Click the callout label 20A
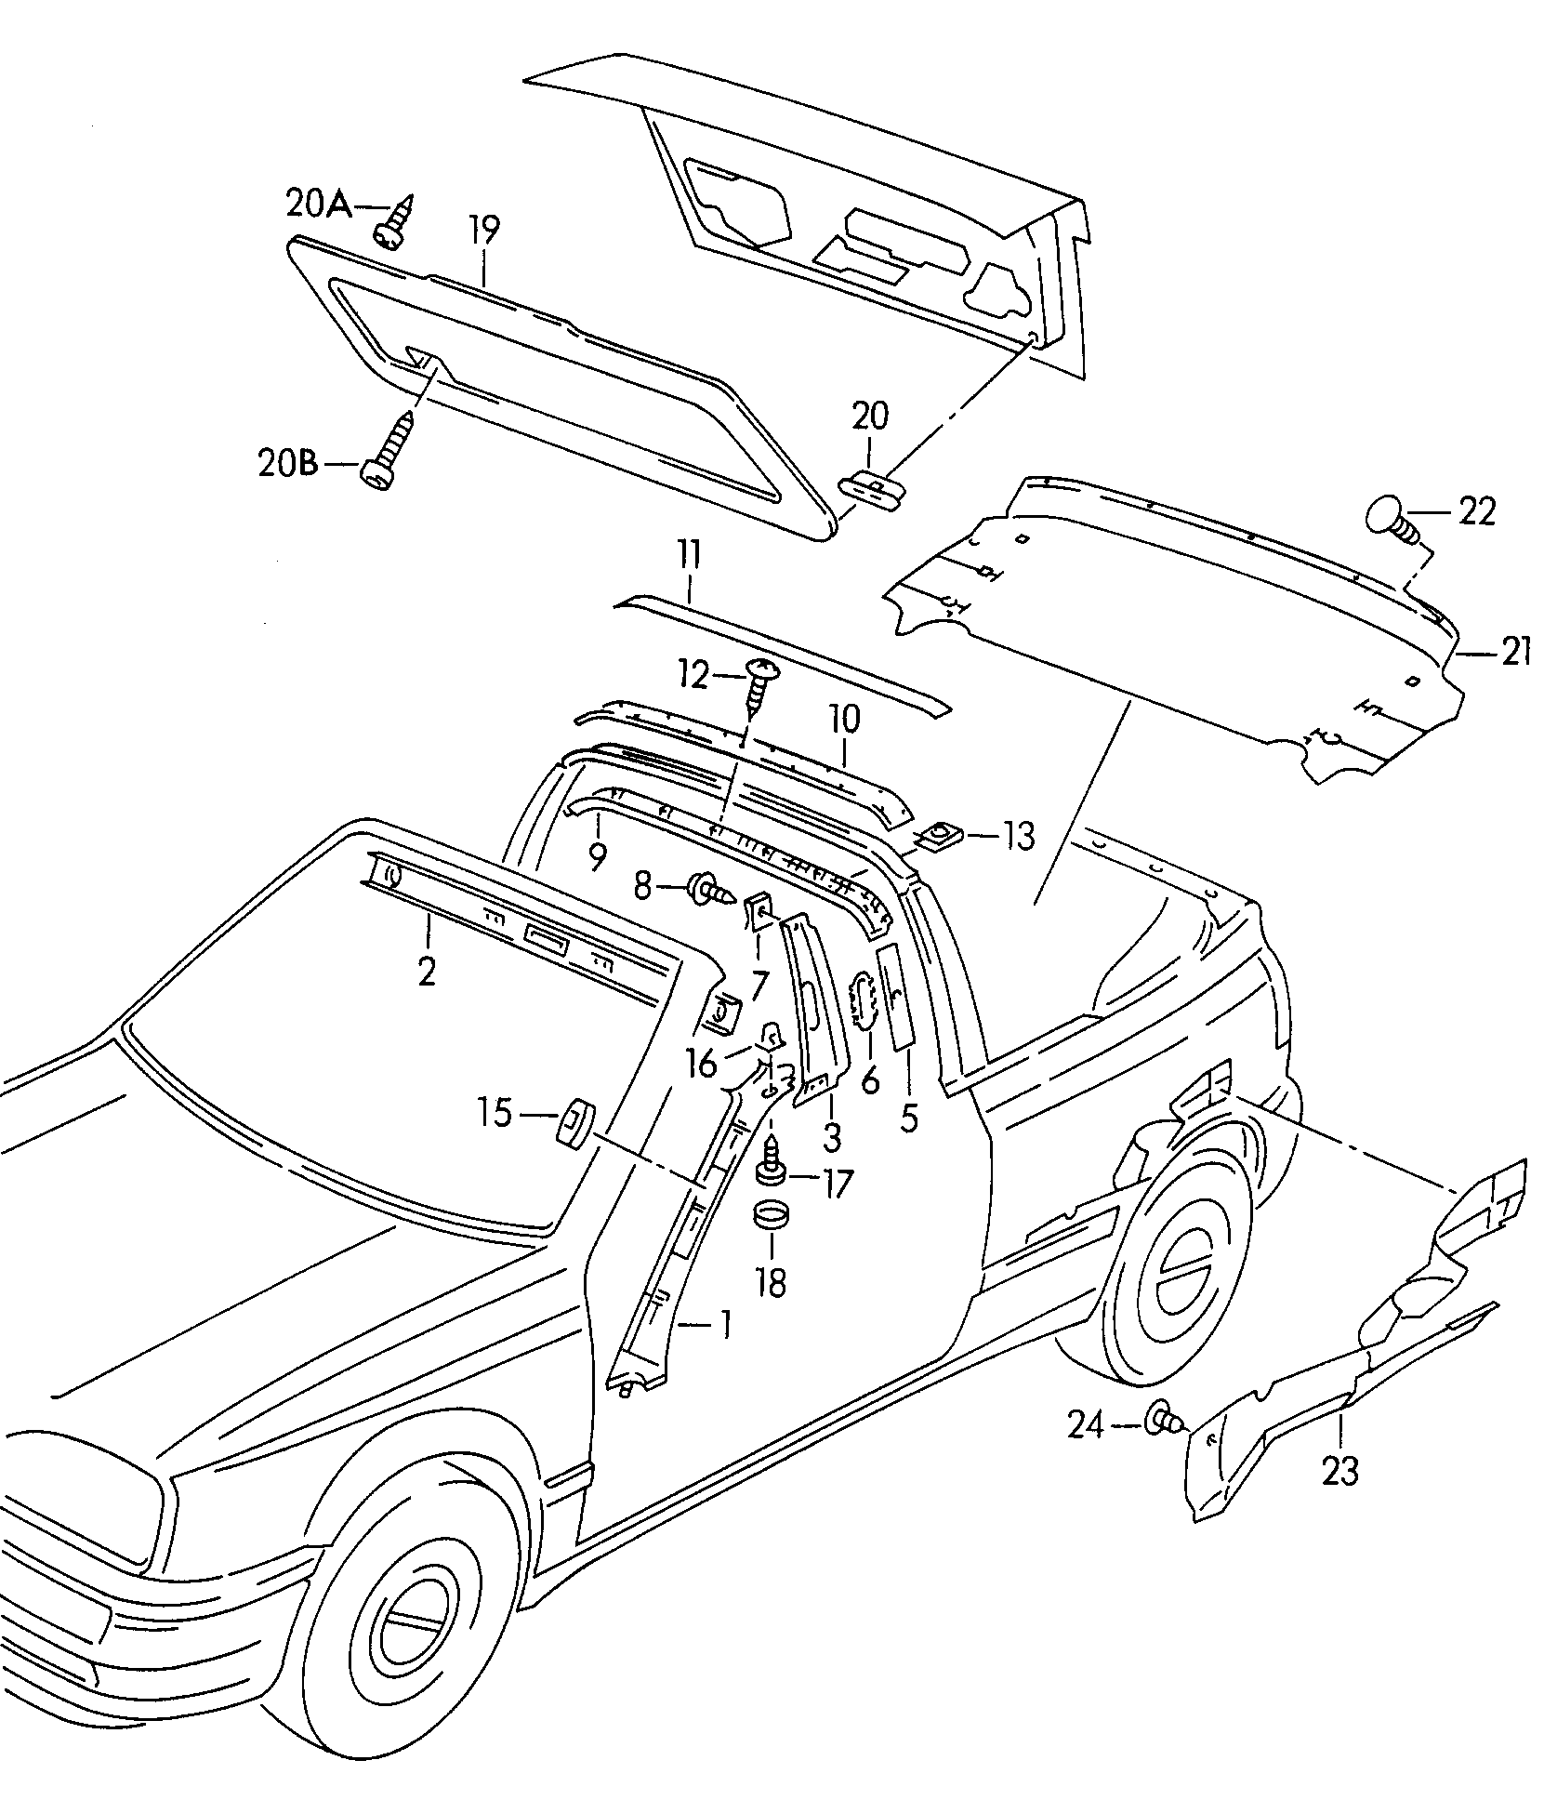click(x=318, y=204)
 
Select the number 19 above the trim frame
click(x=483, y=230)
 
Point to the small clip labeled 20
click(x=873, y=487)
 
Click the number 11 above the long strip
click(x=689, y=558)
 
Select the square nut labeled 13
click(x=942, y=836)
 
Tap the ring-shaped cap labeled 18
click(x=771, y=1215)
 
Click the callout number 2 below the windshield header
click(x=427, y=972)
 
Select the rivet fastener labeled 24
click(x=1167, y=1446)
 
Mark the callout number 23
click(x=1339, y=1496)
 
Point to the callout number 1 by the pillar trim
click(x=724, y=1324)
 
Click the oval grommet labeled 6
click(x=864, y=999)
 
